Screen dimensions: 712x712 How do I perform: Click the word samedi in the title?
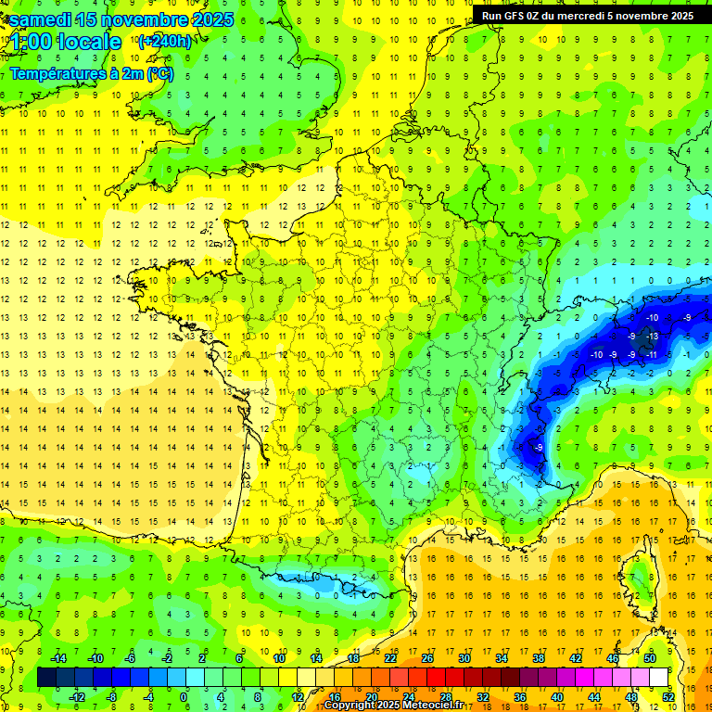coord(42,19)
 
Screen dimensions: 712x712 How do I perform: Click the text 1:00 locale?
coord(66,42)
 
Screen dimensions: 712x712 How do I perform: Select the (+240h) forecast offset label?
coord(164,41)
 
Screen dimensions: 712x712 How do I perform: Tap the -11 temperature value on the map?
coord(651,354)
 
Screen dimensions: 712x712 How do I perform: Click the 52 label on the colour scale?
coord(668,696)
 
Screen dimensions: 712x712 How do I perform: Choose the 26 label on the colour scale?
coord(427,658)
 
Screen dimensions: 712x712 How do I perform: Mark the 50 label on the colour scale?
coord(650,658)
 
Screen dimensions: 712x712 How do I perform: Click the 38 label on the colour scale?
coord(539,658)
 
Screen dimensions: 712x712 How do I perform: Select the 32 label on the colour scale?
coord(483,696)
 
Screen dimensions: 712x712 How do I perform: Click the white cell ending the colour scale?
coord(659,677)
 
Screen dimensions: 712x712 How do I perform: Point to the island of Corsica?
coord(640,579)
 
